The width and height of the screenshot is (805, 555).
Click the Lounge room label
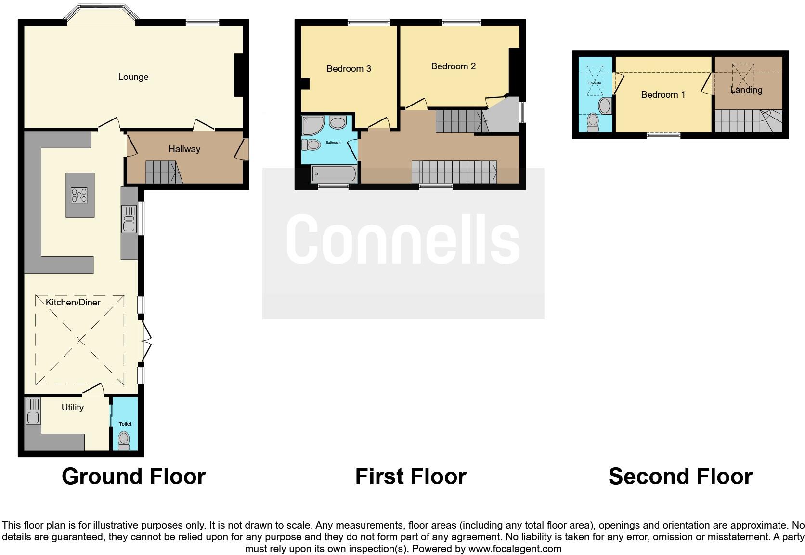click(x=133, y=77)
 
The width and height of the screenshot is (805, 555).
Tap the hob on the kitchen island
click(x=79, y=195)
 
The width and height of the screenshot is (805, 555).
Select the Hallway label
click(x=184, y=149)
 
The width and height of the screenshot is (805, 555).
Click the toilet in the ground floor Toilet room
click(x=124, y=440)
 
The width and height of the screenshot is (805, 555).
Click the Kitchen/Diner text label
click(x=73, y=303)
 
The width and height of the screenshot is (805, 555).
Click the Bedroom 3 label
click(x=349, y=69)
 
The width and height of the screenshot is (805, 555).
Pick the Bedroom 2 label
click(x=453, y=66)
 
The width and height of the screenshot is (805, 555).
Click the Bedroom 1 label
click(x=663, y=95)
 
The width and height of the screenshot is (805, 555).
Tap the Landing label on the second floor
click(x=746, y=90)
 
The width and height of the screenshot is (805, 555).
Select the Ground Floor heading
click(x=133, y=476)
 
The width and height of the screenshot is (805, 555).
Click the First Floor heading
click(x=411, y=476)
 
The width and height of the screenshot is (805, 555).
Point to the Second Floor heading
click(x=680, y=476)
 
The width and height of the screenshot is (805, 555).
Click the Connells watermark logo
click(x=403, y=239)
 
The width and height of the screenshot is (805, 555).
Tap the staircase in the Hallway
click(x=163, y=172)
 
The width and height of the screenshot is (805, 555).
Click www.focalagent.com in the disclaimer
click(x=515, y=549)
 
